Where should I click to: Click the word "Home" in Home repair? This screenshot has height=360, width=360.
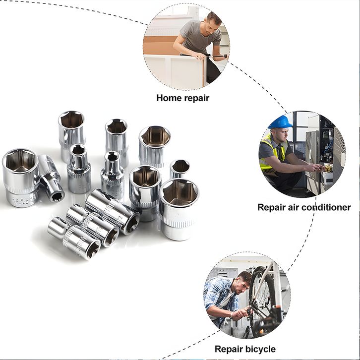(x=169, y=98)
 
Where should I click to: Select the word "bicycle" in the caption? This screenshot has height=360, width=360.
(x=261, y=349)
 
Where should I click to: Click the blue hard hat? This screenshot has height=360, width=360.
(x=280, y=122)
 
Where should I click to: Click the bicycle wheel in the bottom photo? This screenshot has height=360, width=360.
(x=259, y=301)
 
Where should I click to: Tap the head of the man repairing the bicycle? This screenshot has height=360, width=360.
(x=243, y=283)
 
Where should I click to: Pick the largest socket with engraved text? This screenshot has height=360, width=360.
(x=21, y=178)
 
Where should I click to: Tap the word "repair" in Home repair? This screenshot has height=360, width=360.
(x=196, y=98)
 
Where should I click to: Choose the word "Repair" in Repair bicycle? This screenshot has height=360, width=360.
(x=229, y=349)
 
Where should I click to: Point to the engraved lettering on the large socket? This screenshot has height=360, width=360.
(x=23, y=199)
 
